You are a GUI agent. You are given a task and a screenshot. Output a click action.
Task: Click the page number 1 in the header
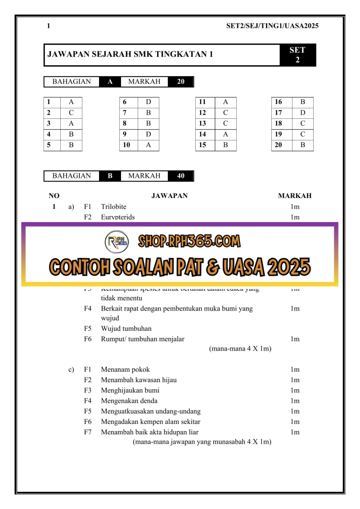(49, 26)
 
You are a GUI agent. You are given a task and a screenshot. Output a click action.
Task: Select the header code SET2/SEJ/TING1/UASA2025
(272, 26)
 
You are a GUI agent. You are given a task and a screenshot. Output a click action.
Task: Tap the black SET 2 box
(297, 55)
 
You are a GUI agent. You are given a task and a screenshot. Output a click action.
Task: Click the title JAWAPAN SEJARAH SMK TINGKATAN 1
(130, 55)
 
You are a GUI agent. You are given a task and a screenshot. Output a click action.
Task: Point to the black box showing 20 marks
(181, 81)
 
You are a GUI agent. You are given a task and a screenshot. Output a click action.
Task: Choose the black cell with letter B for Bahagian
(110, 176)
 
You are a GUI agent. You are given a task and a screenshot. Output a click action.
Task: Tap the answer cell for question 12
(225, 113)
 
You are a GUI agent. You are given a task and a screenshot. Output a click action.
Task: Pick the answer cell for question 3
(71, 123)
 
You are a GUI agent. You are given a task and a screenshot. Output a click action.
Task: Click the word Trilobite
(113, 207)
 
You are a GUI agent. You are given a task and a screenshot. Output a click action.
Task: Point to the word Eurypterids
(117, 217)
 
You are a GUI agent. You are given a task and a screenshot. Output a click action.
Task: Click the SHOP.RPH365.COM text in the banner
(189, 242)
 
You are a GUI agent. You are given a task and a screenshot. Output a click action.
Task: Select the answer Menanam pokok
(122, 370)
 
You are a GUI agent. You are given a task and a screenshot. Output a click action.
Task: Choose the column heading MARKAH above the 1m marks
(295, 196)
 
